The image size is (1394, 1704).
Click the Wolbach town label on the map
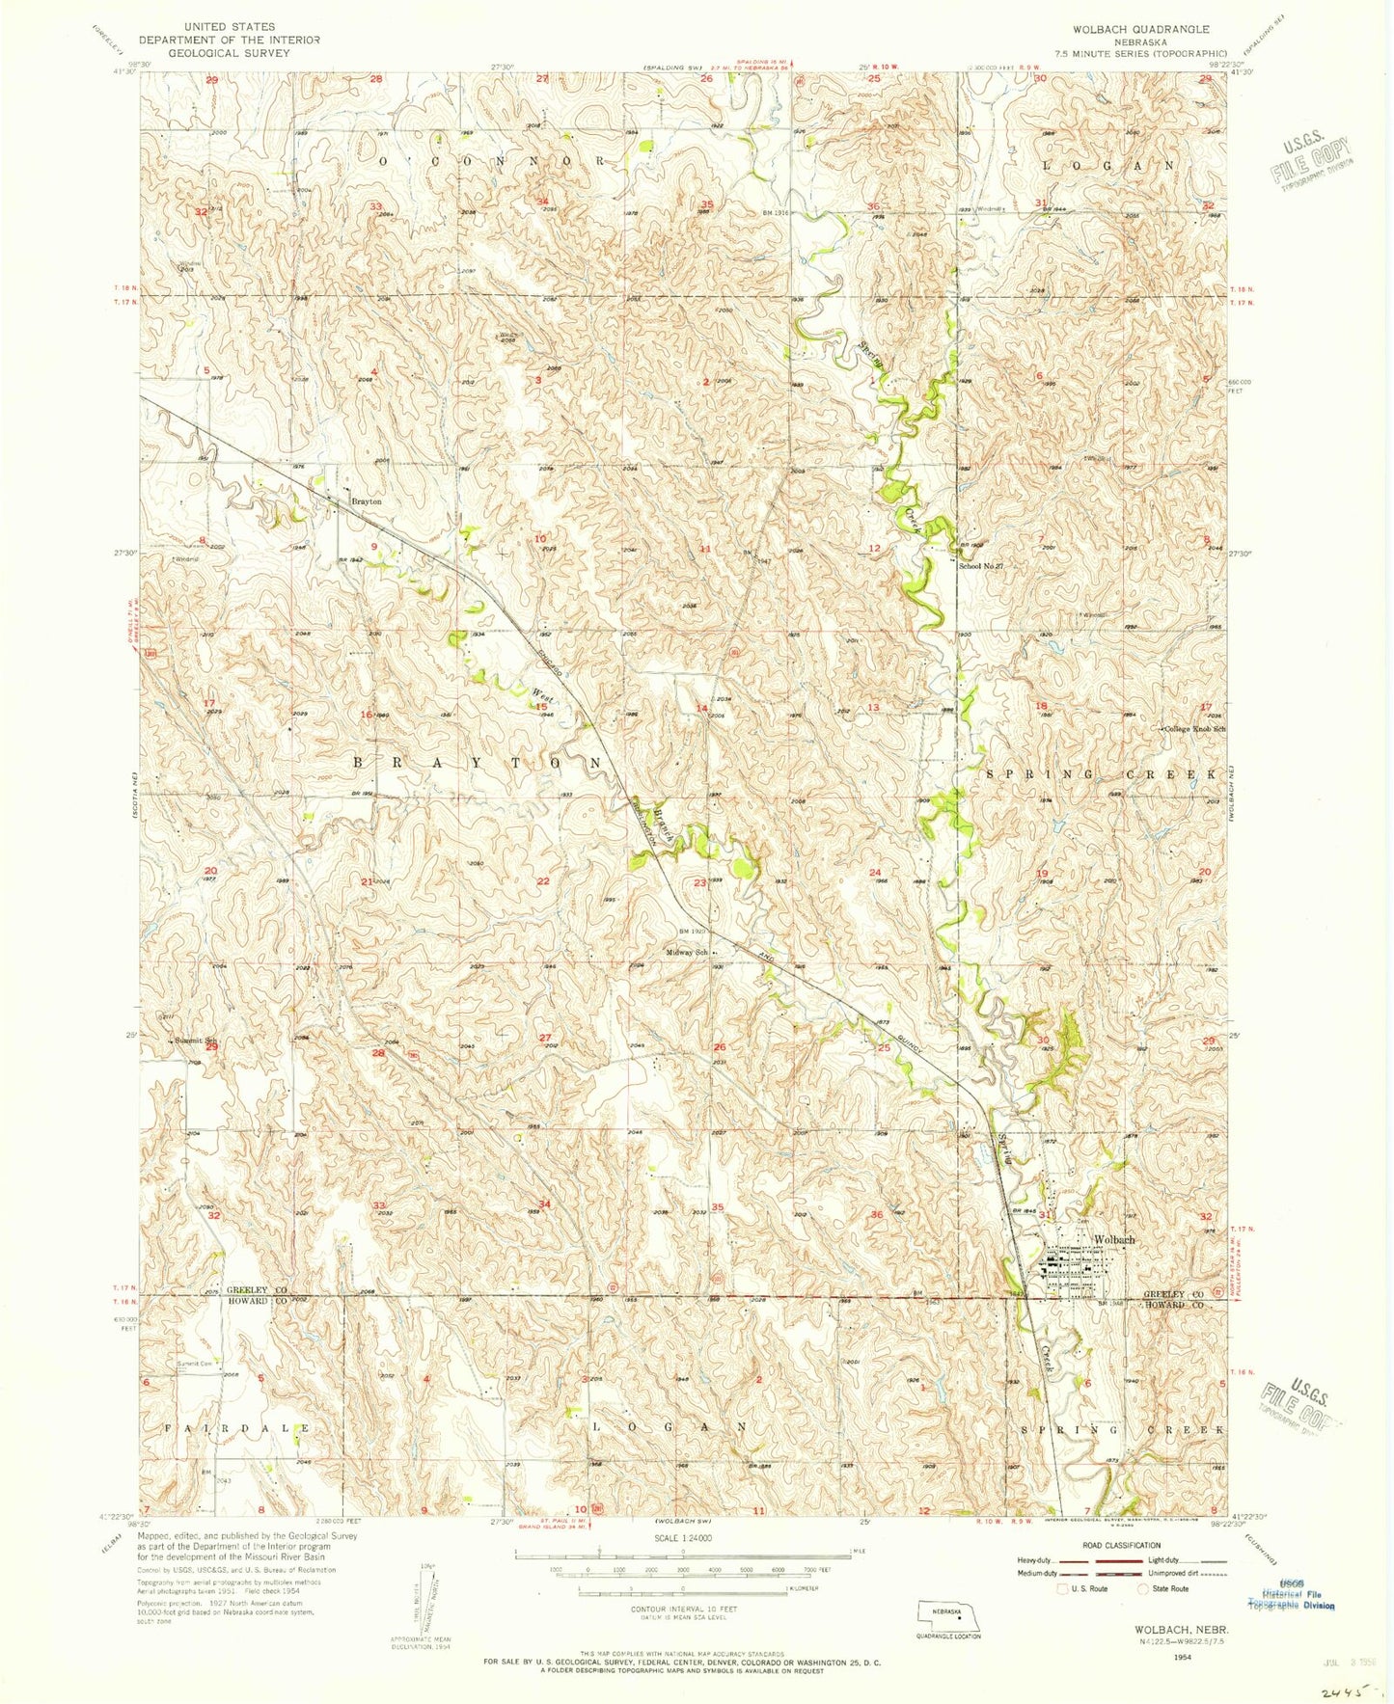tap(1113, 1239)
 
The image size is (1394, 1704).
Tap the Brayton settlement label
tap(367, 501)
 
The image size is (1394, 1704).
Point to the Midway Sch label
tap(688, 952)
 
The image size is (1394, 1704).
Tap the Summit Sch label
tap(196, 1041)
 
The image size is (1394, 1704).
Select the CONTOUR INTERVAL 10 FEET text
tap(682, 1609)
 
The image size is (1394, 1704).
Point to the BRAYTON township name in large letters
tap(477, 762)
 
